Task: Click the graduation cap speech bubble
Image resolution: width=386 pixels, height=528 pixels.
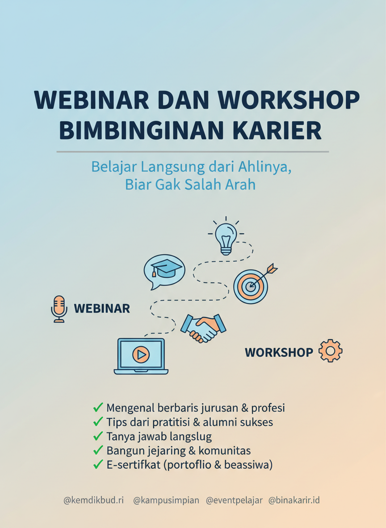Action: point(164,270)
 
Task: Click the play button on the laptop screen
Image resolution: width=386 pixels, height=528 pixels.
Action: point(141,355)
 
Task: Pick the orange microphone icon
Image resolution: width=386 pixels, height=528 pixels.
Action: point(59,308)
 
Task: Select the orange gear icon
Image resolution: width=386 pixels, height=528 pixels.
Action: point(330,351)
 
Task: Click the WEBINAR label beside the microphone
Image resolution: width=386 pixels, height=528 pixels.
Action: point(102,308)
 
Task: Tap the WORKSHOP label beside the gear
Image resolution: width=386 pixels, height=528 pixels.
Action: point(279,352)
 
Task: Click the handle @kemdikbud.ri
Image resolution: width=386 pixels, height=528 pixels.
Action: point(93,500)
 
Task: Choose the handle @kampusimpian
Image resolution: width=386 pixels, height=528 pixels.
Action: point(166,500)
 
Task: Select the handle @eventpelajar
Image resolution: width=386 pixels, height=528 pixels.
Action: point(234,500)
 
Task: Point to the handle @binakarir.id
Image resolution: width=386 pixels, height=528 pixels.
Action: point(294,500)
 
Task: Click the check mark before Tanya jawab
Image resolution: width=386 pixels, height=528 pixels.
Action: point(98,436)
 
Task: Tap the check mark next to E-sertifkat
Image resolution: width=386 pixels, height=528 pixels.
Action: point(98,464)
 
